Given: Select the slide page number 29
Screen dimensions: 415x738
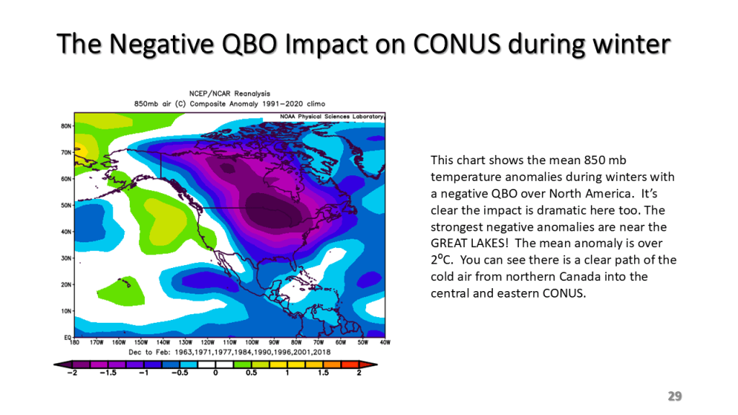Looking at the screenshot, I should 675,396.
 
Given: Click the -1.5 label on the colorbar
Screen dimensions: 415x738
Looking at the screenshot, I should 107,373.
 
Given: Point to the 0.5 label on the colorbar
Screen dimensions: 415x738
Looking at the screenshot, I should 251,373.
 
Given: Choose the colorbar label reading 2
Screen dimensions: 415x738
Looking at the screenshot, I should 359,373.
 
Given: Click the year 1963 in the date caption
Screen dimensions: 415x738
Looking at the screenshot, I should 184,352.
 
